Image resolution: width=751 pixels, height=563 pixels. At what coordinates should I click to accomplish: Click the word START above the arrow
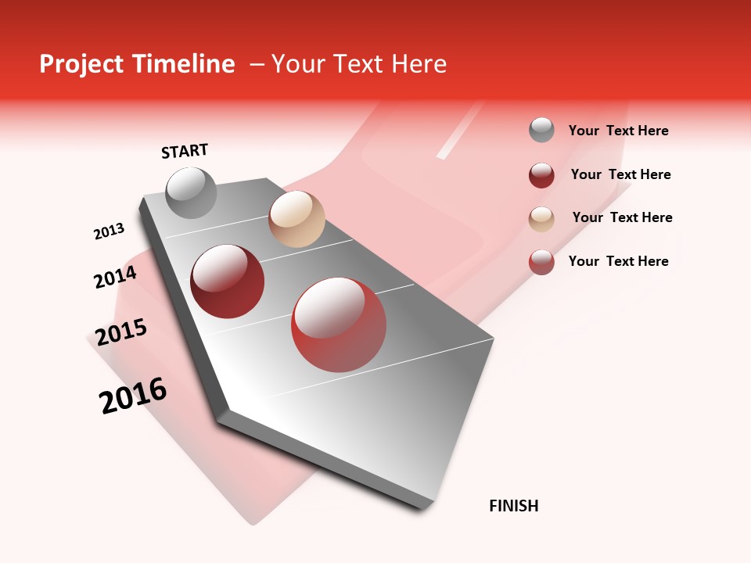point(185,151)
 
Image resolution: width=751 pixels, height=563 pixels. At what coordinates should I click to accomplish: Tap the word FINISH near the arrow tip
point(514,506)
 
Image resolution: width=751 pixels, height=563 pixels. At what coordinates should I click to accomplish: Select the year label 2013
point(109,231)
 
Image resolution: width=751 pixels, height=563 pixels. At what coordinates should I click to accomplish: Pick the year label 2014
point(115,277)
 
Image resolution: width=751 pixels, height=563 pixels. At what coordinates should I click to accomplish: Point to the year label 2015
point(121,332)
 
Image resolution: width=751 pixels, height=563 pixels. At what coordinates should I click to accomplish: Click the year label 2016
point(133,396)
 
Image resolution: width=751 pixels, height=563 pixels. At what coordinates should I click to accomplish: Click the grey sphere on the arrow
point(192,193)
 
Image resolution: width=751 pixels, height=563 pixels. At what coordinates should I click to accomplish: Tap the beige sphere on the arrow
point(296,219)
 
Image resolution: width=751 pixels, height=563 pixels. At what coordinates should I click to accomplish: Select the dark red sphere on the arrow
point(228,281)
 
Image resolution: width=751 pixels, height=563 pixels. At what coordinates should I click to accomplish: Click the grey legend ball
point(541,130)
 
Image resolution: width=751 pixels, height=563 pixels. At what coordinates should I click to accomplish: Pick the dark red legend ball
point(541,175)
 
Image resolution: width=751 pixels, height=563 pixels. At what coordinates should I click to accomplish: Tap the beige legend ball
point(541,219)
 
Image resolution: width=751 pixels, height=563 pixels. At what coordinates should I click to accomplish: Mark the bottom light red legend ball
point(541,262)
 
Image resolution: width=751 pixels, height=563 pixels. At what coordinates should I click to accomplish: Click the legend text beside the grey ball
point(618,131)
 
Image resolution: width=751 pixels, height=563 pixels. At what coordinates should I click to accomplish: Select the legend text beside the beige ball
point(622,217)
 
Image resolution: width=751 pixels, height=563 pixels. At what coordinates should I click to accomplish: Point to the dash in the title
point(257,64)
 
